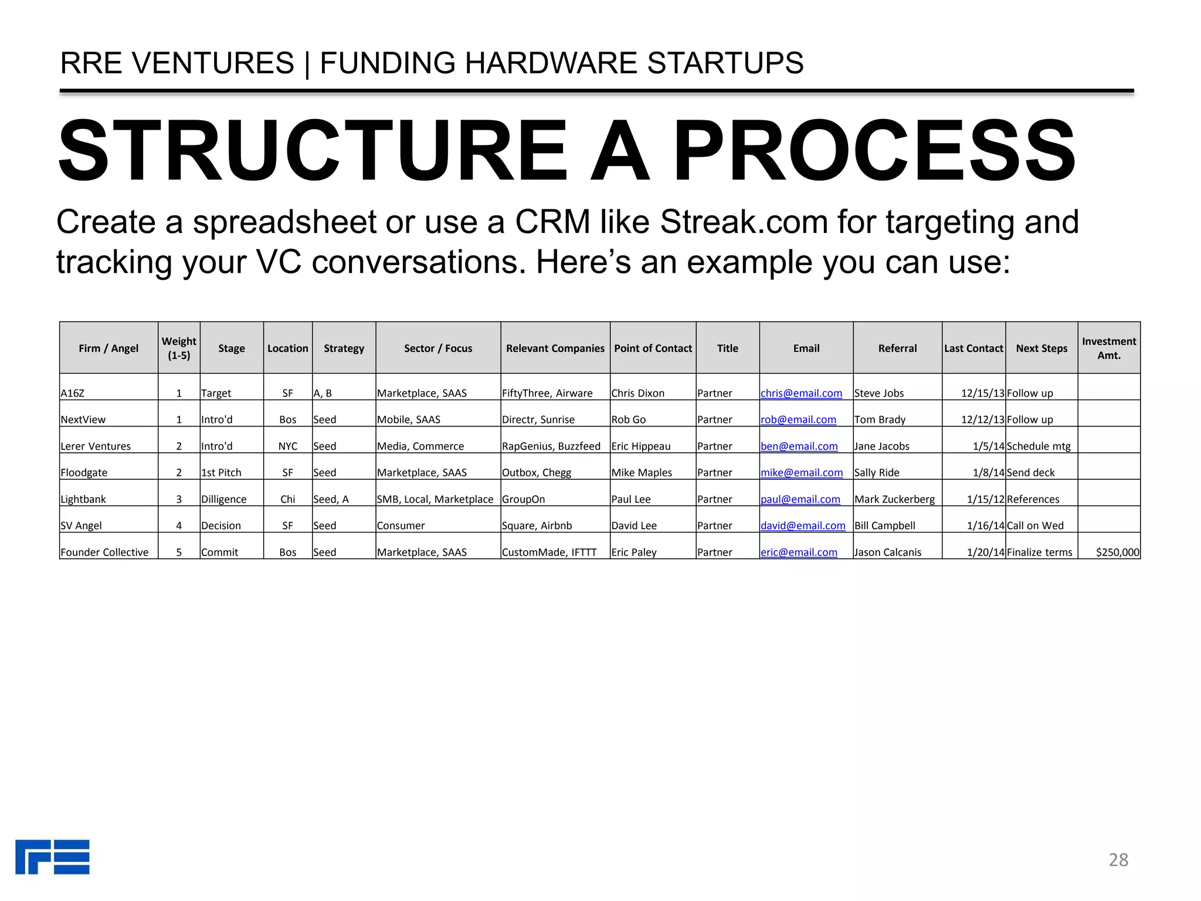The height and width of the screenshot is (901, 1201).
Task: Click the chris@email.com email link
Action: click(801, 393)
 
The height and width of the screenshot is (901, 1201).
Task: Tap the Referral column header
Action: click(897, 348)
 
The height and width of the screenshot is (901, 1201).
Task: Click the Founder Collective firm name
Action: click(104, 552)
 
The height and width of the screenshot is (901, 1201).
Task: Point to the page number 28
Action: click(1118, 859)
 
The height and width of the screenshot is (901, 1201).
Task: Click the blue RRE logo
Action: click(53, 857)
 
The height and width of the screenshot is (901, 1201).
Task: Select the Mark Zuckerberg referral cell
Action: click(895, 499)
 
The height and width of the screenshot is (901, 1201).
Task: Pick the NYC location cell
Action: click(288, 446)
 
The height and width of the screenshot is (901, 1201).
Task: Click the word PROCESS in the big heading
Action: click(874, 151)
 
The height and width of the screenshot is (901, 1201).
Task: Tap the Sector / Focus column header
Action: click(438, 348)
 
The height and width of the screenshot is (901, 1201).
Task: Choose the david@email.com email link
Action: click(803, 526)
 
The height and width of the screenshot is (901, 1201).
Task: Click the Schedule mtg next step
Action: click(1039, 446)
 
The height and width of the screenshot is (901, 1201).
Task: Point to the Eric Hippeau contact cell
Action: click(640, 446)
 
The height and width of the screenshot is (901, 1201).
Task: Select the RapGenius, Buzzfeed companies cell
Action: click(551, 446)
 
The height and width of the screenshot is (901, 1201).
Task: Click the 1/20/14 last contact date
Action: click(986, 552)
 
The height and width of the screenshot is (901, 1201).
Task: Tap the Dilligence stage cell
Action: click(223, 499)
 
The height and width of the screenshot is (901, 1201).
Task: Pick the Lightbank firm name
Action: click(83, 499)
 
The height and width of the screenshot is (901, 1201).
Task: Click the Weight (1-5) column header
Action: click(179, 348)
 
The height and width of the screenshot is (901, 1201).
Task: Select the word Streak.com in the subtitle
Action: click(744, 222)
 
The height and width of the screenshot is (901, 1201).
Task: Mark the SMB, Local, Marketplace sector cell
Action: click(435, 499)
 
